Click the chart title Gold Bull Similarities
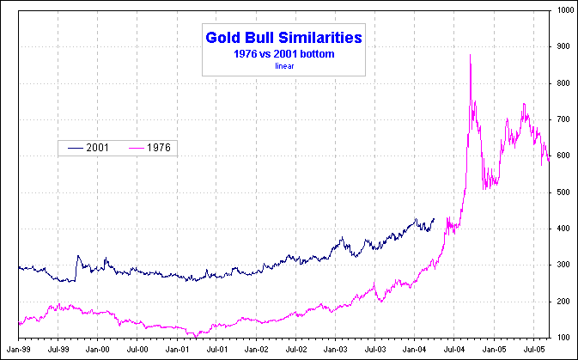tap(283, 38)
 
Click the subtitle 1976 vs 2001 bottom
tap(283, 53)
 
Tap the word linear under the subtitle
tap(283, 65)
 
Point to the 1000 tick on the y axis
tap(563, 10)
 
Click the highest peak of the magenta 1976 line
tap(470, 55)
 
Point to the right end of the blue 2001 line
tap(435, 219)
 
